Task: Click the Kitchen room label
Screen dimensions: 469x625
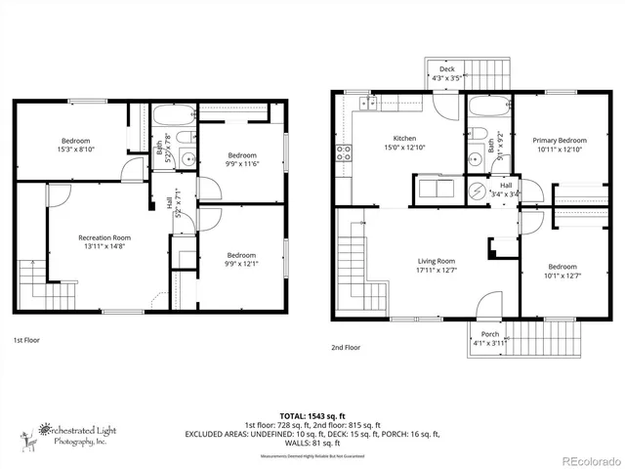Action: [404, 138]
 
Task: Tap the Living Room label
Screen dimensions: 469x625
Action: [437, 261]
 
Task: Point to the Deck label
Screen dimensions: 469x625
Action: [446, 69]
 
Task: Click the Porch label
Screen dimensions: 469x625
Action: [489, 333]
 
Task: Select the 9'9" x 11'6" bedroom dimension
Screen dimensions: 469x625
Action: [242, 164]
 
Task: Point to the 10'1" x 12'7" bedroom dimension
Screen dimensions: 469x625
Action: [562, 276]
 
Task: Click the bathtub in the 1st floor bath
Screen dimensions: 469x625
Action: [175, 116]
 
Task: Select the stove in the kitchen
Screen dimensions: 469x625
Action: [344, 152]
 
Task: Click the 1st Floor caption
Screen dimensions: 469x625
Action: [26, 340]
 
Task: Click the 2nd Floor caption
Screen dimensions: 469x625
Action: [345, 347]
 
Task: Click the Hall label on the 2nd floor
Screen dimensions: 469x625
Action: [506, 185]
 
